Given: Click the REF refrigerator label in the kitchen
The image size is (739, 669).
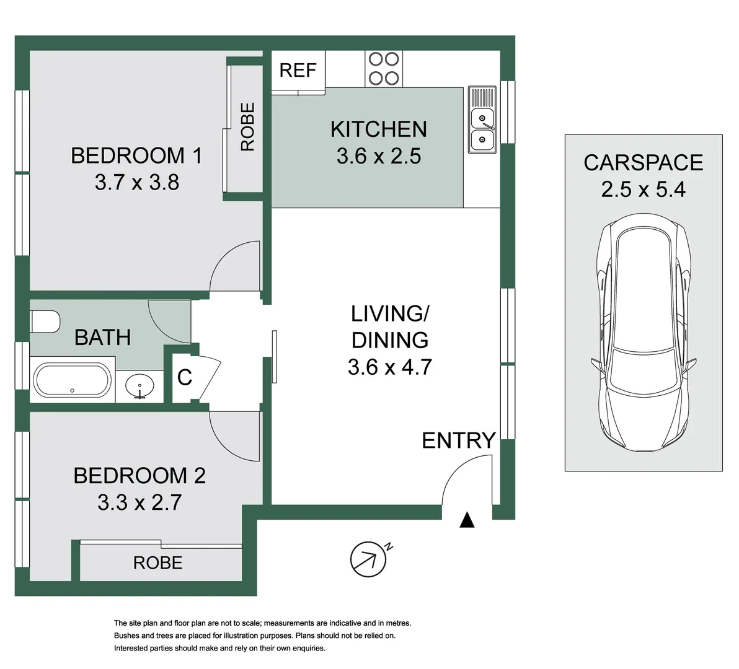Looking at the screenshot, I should [298, 71].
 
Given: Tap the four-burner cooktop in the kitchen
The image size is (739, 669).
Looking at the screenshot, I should [383, 68].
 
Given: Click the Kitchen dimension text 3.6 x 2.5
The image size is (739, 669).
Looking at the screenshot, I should [378, 156].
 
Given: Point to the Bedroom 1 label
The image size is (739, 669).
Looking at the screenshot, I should [136, 155].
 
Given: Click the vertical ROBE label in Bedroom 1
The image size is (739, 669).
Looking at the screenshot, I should [247, 126].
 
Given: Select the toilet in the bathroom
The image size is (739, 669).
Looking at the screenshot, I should [45, 321].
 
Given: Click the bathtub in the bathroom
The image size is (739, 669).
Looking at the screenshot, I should [72, 380].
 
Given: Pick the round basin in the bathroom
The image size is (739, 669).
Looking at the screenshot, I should [141, 386].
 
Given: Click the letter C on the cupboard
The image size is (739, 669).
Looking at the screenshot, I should [185, 377].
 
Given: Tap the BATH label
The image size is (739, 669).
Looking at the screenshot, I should [102, 338].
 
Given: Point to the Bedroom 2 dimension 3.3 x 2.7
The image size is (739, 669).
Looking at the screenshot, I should [139, 502].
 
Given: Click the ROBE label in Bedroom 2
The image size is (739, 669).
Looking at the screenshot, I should [158, 563].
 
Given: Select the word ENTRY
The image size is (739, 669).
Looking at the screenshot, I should [459, 440].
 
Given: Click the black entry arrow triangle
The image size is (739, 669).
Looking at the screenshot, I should [467, 520].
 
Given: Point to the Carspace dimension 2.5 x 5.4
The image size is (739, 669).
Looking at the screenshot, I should [643, 189].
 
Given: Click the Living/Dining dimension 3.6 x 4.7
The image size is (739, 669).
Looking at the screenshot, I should [389, 367].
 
